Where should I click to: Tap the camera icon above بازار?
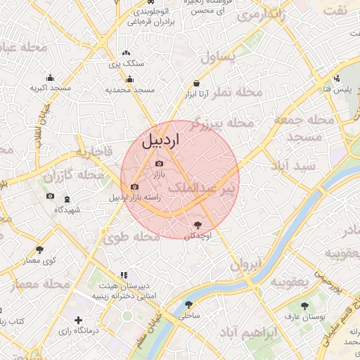pyautogui.click(x=159, y=164)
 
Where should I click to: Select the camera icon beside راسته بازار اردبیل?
pyautogui.click(x=134, y=187)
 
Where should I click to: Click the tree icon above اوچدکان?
pyautogui.click(x=198, y=225)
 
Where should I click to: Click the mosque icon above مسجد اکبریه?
pyautogui.click(x=50, y=78)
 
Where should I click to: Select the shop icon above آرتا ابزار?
pyautogui.click(x=196, y=84)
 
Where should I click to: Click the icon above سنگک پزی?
pyautogui.click(x=126, y=53)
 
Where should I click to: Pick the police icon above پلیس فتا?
pyautogui.click(x=338, y=78)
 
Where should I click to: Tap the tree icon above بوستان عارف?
pyautogui.click(x=304, y=306)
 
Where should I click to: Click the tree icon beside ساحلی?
pyautogui.click(x=188, y=305)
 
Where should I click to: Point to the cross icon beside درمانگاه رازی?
pyautogui.click(x=78, y=321)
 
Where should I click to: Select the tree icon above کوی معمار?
pyautogui.click(x=39, y=249)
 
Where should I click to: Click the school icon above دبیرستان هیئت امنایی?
pyautogui.click(x=123, y=276)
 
